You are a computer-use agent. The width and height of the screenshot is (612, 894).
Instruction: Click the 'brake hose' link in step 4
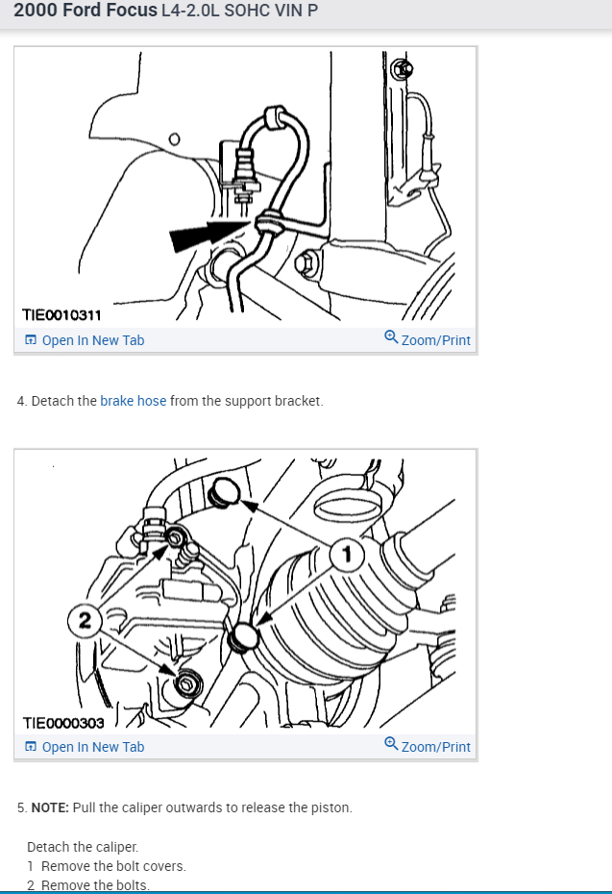pyautogui.click(x=134, y=401)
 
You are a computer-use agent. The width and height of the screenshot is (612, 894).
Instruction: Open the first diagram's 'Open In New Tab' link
pyautogui.click(x=93, y=340)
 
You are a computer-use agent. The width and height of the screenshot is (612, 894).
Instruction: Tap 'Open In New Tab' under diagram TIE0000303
pyautogui.click(x=93, y=747)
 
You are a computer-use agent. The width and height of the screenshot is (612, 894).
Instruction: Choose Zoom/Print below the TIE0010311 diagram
pyautogui.click(x=435, y=340)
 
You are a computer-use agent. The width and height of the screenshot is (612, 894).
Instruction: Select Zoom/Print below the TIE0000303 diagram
pyautogui.click(x=435, y=747)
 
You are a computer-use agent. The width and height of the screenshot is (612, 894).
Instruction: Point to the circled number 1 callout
pyautogui.click(x=347, y=554)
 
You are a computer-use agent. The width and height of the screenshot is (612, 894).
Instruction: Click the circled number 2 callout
pyautogui.click(x=85, y=622)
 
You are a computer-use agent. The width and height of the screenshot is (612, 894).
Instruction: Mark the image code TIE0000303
pyautogui.click(x=62, y=723)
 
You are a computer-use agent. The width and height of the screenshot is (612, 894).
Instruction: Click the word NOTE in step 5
pyautogui.click(x=49, y=807)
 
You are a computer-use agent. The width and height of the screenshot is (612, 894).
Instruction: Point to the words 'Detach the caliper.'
pyautogui.click(x=83, y=847)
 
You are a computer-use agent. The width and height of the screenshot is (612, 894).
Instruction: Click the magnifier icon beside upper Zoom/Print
pyautogui.click(x=391, y=338)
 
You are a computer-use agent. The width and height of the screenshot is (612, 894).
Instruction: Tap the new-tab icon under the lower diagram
pyautogui.click(x=31, y=747)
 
